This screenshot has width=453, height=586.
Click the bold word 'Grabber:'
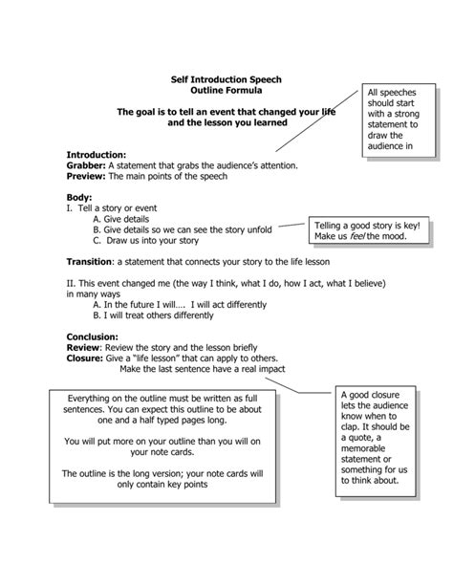click(86, 164)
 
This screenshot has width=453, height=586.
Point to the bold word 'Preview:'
click(86, 176)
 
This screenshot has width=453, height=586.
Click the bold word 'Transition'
click(94, 261)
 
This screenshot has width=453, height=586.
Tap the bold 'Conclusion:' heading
click(92, 336)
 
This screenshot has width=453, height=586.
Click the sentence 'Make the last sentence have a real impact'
click(217, 370)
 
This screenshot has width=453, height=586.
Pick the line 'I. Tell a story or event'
click(113, 207)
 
